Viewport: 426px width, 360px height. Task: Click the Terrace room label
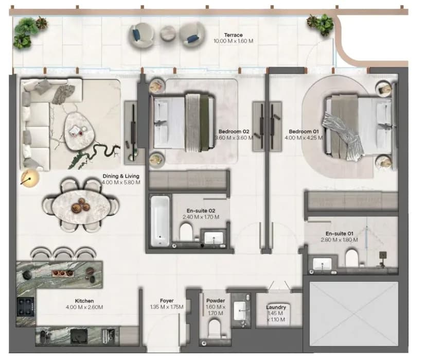tap(234, 35)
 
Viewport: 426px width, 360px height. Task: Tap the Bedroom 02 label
tap(234, 132)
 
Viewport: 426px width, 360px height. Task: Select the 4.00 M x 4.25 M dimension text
tap(304, 138)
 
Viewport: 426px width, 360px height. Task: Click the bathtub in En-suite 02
tap(160, 221)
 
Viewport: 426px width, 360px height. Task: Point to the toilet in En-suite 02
tap(186, 232)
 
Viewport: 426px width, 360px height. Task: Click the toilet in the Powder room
tap(215, 328)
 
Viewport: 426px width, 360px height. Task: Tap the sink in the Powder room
tap(240, 311)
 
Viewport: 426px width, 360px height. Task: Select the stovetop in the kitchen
tap(26, 306)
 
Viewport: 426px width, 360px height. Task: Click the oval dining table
tap(81, 205)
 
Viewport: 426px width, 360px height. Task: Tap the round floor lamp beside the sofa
tap(30, 178)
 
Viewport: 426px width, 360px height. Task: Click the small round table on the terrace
tap(168, 33)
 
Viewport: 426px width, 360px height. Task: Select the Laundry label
tap(276, 307)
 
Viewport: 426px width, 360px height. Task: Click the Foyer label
tap(167, 301)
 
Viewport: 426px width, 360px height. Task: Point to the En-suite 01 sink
tap(322, 264)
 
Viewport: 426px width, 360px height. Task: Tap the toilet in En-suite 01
tap(352, 258)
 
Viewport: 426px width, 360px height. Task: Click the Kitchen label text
tap(84, 301)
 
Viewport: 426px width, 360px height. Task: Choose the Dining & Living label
tap(121, 176)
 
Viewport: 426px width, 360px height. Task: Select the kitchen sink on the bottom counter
tap(79, 336)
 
